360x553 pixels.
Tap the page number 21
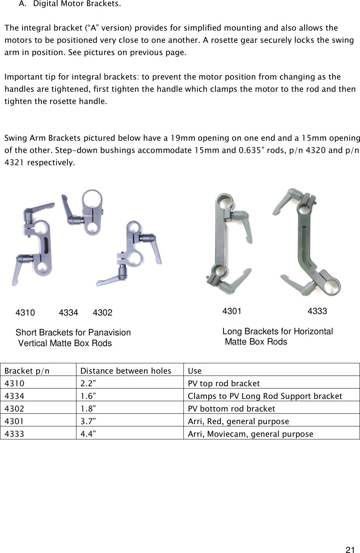coord(349,550)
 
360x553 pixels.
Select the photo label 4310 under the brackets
coord(25,313)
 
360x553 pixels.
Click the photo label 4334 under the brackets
coord(69,313)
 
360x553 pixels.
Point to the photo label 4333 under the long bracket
coord(317,311)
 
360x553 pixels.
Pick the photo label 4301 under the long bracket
coord(232,311)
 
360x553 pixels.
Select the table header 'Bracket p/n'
coord(27,371)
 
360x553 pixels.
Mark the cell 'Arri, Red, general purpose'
coord(238,421)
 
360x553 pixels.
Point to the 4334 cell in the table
coord(14,396)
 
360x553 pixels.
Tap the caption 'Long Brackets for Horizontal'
coord(277,332)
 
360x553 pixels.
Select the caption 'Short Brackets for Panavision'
coord(73,333)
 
